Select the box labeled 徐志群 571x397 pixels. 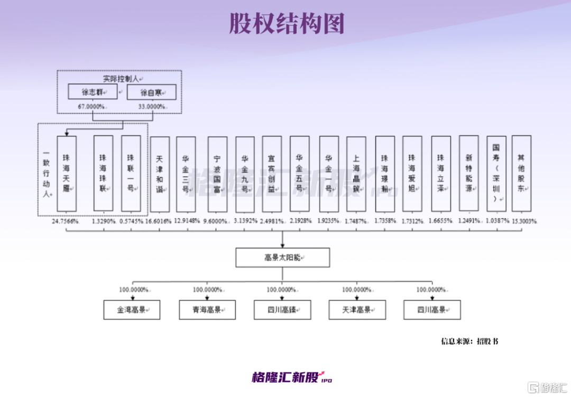point(92,92)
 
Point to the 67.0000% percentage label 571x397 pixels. point(92,106)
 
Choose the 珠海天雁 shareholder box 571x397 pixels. point(67,173)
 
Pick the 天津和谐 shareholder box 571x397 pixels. point(160,174)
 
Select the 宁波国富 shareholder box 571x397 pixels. point(217,174)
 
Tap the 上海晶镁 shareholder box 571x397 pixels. point(356,174)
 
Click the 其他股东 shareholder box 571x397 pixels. point(521,173)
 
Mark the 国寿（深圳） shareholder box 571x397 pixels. point(496,173)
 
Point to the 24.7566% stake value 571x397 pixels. point(66,221)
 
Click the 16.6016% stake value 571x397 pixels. point(159,221)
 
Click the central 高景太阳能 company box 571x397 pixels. point(283,257)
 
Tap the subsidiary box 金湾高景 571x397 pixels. point(132,310)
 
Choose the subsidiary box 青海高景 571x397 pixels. point(207,310)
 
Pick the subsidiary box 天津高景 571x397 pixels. point(357,310)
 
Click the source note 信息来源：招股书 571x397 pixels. point(469,341)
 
